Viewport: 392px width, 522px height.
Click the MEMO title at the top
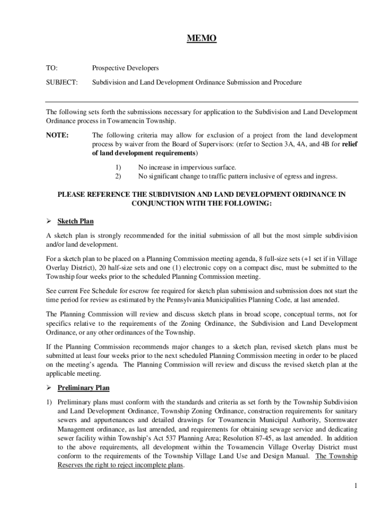(x=201, y=39)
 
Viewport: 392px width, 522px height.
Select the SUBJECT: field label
(x=62, y=82)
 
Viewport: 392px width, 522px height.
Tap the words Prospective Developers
(x=125, y=68)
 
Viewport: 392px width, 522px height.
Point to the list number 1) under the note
(x=118, y=167)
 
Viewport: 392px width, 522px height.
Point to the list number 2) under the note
(x=118, y=176)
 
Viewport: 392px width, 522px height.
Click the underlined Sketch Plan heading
(x=75, y=222)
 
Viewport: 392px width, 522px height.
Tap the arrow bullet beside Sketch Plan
(x=49, y=222)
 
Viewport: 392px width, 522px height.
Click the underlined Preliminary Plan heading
(x=83, y=388)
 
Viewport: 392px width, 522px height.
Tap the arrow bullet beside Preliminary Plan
(x=49, y=388)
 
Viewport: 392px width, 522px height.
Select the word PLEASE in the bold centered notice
(x=72, y=194)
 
